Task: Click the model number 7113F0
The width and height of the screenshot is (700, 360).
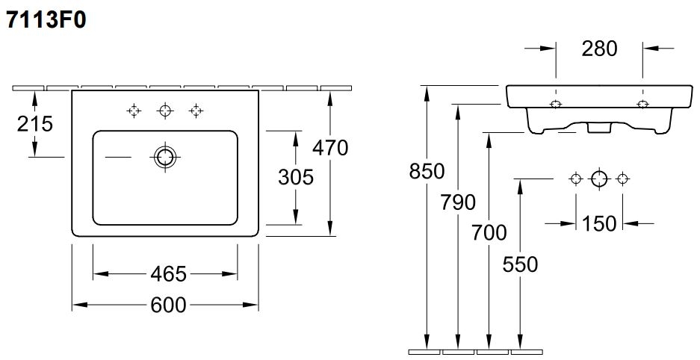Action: coord(46,20)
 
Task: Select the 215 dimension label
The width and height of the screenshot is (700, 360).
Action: coord(35,123)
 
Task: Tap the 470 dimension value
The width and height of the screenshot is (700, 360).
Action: coord(330,148)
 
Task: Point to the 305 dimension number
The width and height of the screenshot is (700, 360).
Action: coord(296,177)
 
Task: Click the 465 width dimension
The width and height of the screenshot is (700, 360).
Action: coord(168,274)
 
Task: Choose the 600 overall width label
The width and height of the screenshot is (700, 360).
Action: coord(168,305)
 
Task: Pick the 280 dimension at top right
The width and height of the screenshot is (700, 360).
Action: coord(599,49)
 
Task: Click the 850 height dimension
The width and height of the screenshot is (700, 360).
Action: coord(427,171)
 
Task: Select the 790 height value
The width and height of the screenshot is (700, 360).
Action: coord(458,202)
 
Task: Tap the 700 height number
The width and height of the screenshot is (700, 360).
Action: coord(489,233)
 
